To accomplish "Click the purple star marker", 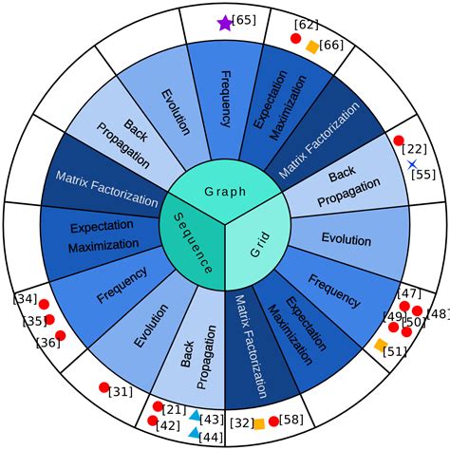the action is point(225,24).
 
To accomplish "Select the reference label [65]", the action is point(244,20).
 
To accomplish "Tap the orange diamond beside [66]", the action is point(312,47).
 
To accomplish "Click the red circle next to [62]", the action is point(295,38).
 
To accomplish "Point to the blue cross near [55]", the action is point(412,164).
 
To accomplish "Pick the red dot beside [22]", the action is point(399,141).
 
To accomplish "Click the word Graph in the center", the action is point(225,192).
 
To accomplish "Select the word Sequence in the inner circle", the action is point(193,243).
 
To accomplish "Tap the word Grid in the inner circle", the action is point(260,244).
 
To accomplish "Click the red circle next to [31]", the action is point(104,387).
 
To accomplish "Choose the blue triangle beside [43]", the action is point(196,415).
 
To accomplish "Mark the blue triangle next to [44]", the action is point(194,433).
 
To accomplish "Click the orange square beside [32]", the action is point(259,424).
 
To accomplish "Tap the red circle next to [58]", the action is point(273,422).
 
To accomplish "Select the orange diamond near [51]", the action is point(381,345).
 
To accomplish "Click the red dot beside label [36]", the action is point(60,335).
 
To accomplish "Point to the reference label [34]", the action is point(25,299).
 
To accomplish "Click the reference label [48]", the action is point(439,314).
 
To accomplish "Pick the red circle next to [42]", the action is point(153,421).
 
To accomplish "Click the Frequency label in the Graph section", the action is point(226,99).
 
